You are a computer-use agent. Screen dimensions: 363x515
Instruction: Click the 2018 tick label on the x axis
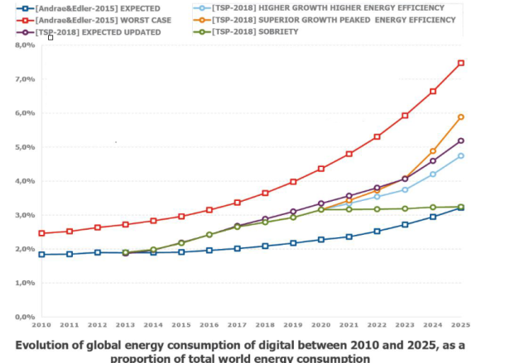click(x=265, y=326)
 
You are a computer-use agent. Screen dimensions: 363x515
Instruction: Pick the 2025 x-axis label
click(x=460, y=326)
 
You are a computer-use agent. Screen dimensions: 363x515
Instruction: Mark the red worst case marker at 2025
click(x=460, y=63)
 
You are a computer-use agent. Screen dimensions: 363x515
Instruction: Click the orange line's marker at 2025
click(x=460, y=117)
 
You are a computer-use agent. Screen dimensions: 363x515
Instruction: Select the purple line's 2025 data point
click(x=460, y=141)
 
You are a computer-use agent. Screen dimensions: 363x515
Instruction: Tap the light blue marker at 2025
click(x=460, y=155)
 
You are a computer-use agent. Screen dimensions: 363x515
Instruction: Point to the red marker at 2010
click(x=41, y=233)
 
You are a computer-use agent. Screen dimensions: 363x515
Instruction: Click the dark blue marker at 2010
click(x=41, y=254)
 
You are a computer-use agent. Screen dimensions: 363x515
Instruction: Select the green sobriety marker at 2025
click(x=460, y=207)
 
